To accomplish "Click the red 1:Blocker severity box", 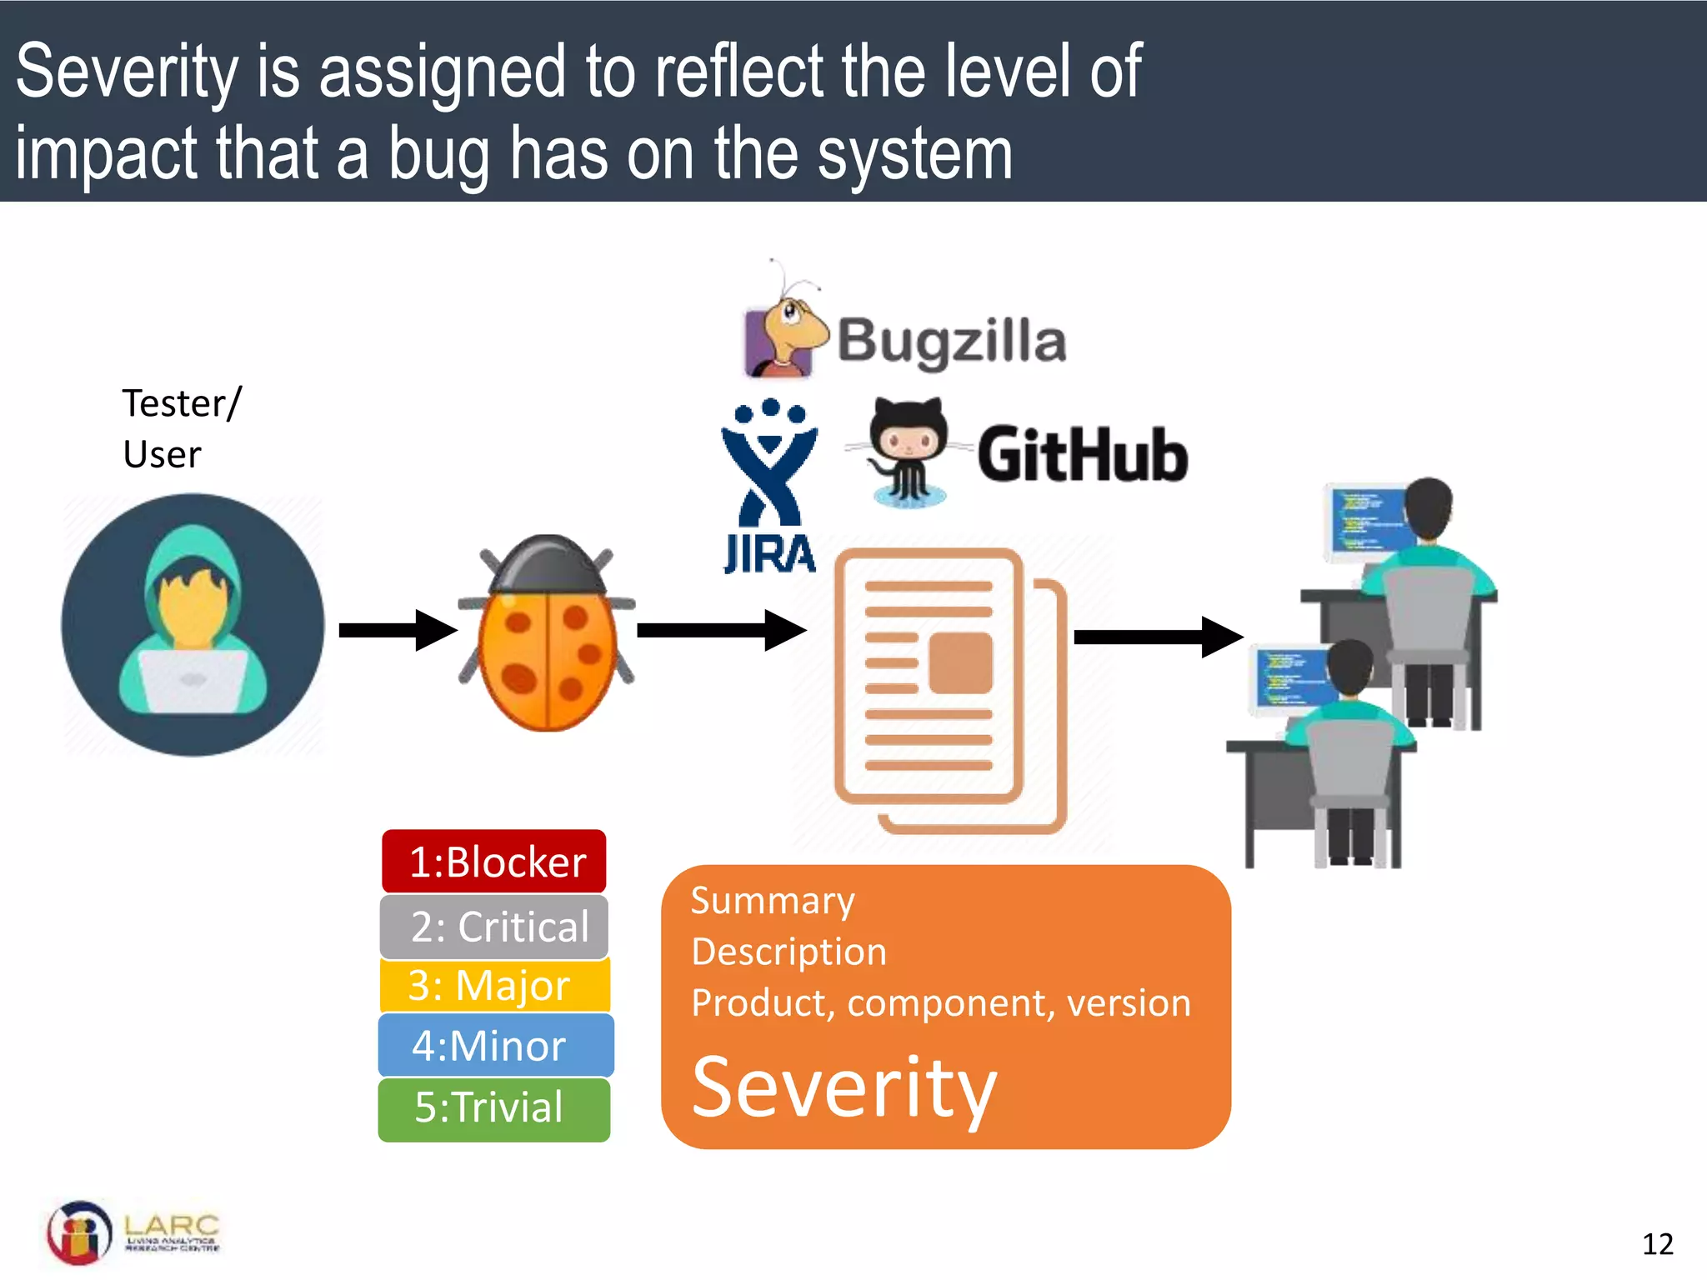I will [x=494, y=861].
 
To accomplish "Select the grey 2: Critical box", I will [x=494, y=927].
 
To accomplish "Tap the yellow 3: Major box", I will [x=494, y=986].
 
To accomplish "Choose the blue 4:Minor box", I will [x=495, y=1046].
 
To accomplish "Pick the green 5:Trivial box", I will [x=494, y=1108].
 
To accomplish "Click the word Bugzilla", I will [x=951, y=341].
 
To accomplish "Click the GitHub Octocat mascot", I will [x=908, y=451].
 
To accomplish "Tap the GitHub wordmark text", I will [x=1082, y=455].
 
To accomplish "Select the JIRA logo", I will [x=769, y=487].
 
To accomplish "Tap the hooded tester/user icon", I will [x=193, y=625].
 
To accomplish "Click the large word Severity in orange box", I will [x=844, y=1087].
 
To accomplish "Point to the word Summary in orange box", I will [x=773, y=901].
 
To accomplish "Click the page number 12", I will [x=1657, y=1244].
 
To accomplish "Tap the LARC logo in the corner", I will [x=133, y=1232].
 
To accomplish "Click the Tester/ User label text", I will [x=181, y=428].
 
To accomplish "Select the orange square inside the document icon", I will [x=960, y=663].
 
